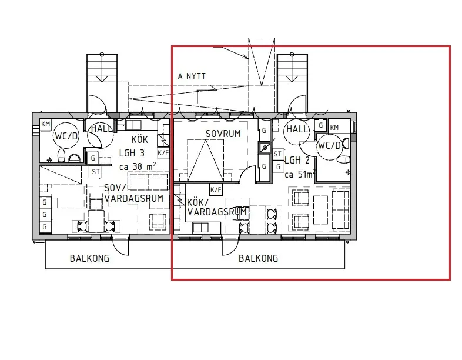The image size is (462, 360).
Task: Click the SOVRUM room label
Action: coord(223,134)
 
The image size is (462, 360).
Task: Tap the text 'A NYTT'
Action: coord(192,76)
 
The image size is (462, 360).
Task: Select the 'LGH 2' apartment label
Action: coord(297,160)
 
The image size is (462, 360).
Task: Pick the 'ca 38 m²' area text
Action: coord(138,166)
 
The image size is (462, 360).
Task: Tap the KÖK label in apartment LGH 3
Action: coord(139,139)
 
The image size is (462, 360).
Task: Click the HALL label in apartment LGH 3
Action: coord(101,128)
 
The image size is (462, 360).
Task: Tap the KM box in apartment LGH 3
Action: coord(45,124)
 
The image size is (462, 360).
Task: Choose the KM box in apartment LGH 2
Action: coord(334,127)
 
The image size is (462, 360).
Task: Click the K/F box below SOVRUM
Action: coord(216,189)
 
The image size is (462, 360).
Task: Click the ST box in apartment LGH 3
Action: coord(95,172)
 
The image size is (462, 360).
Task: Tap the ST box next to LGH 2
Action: coord(278,154)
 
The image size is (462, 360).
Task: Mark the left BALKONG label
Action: coord(89,258)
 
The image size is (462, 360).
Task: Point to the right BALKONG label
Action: coord(258,258)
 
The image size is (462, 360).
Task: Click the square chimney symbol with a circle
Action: coord(265,148)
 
